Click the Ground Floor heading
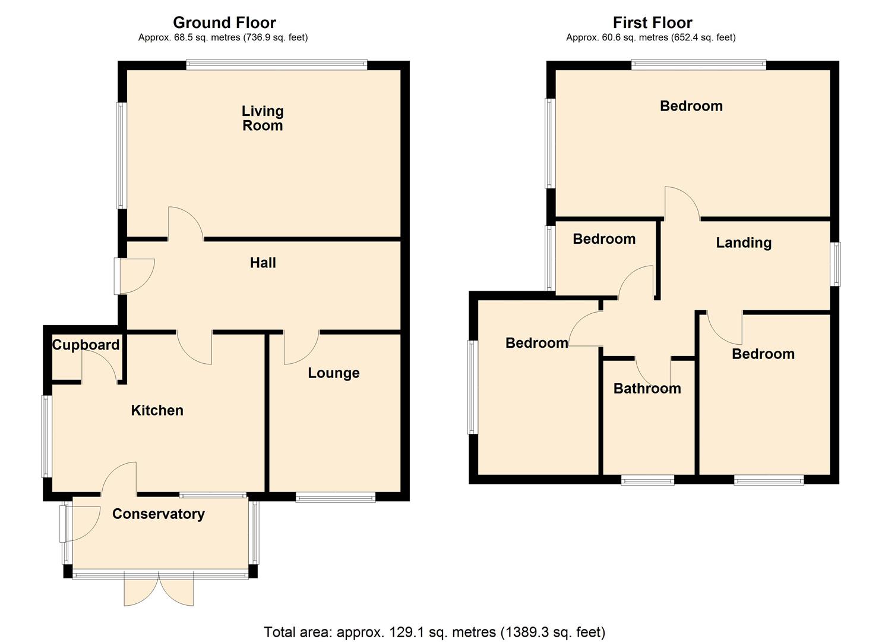click(224, 23)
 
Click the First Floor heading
click(652, 23)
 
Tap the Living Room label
click(263, 118)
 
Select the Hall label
click(263, 263)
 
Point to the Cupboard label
click(86, 345)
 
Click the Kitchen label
click(157, 410)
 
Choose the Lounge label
click(333, 373)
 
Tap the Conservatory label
click(158, 514)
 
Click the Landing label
click(743, 243)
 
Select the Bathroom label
click(647, 388)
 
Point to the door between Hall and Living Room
click(186, 224)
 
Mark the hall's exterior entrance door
click(135, 276)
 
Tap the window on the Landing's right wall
click(835, 264)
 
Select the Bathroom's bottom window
click(647, 480)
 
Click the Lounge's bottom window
click(336, 498)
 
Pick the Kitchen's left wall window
click(46, 436)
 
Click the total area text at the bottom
click(434, 631)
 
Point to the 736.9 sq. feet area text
click(276, 37)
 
